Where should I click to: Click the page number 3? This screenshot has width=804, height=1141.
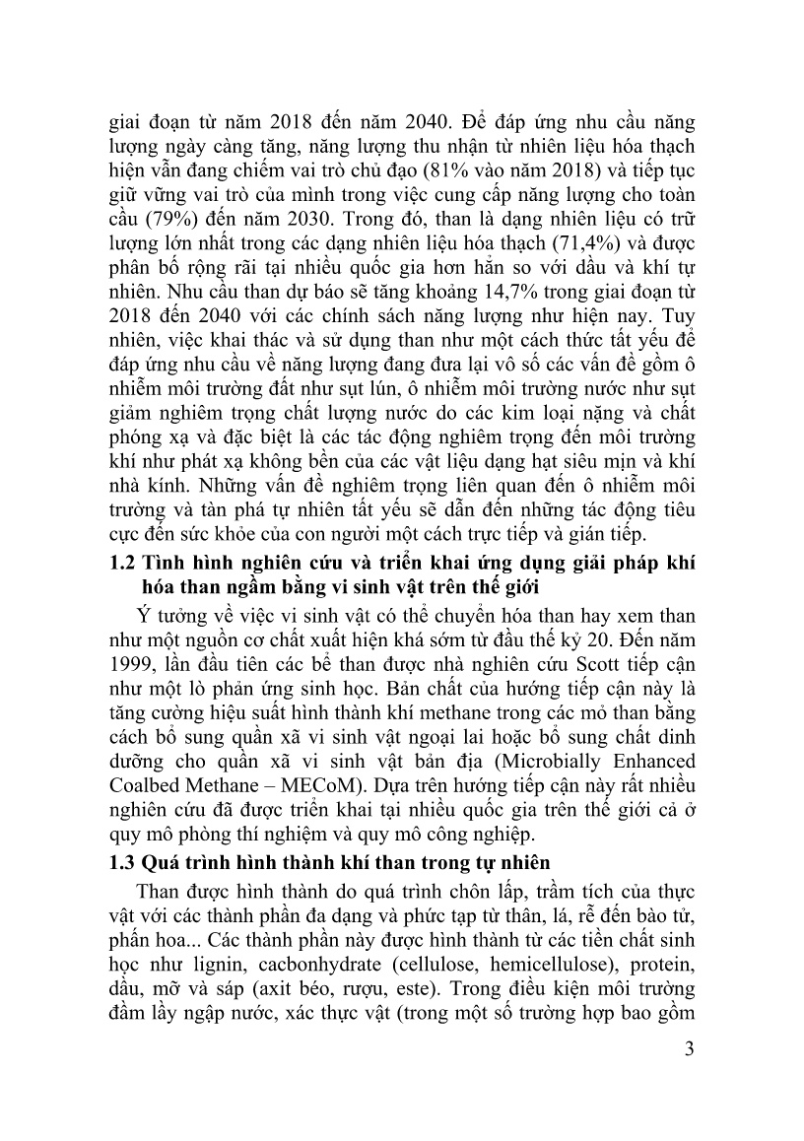(x=690, y=1076)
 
